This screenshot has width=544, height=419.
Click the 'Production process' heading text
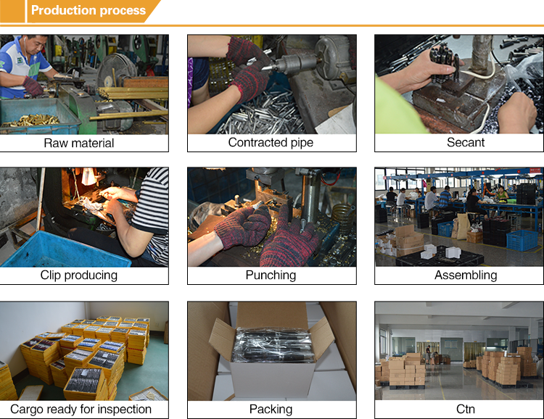click(x=88, y=10)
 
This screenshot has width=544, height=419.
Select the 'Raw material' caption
click(x=79, y=143)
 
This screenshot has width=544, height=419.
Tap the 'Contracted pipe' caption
click(x=271, y=142)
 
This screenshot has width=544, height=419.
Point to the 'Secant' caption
click(x=466, y=142)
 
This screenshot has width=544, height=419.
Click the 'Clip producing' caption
click(x=79, y=275)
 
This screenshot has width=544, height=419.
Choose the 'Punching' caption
click(x=271, y=275)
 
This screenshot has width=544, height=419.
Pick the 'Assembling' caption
click(x=466, y=275)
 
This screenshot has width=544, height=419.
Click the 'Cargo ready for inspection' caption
click(x=81, y=410)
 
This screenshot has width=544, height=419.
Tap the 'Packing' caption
click(x=271, y=410)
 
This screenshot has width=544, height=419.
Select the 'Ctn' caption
click(x=466, y=410)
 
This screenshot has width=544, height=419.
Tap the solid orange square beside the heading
click(x=12, y=11)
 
